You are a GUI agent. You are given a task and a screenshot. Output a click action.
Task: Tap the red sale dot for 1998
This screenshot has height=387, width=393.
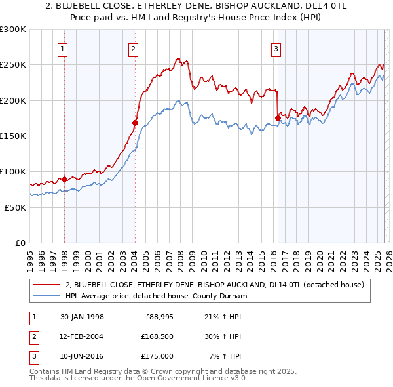pyautogui.click(x=65, y=179)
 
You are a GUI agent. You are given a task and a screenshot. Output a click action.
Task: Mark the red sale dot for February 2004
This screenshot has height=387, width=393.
pyautogui.click(x=135, y=122)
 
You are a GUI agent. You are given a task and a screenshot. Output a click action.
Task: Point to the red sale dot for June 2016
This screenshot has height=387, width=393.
pyautogui.click(x=278, y=118)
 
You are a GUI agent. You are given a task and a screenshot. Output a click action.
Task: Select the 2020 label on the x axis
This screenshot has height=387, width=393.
pyautogui.click(x=319, y=256)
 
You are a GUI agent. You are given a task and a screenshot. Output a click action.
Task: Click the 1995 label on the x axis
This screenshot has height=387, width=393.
pyautogui.click(x=29, y=256)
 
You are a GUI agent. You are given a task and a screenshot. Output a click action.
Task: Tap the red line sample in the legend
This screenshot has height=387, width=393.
pyautogui.click(x=47, y=285)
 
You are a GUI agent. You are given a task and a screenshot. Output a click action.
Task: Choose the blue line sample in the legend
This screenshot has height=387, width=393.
pyautogui.click(x=47, y=296)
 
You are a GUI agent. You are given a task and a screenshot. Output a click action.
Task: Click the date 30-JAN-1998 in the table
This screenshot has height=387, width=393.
pyautogui.click(x=82, y=317)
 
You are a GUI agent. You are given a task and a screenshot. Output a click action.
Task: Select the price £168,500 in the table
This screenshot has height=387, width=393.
pyautogui.click(x=157, y=336)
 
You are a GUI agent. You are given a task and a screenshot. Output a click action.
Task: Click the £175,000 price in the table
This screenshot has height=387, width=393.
pyautogui.click(x=157, y=356)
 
